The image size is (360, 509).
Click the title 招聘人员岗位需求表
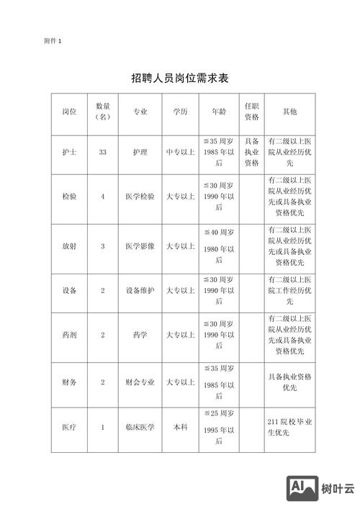click(x=180, y=76)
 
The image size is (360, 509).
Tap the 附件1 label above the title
click(x=53, y=41)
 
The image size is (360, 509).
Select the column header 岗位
click(x=70, y=112)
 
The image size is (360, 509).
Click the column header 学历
click(x=180, y=112)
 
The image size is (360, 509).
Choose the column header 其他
click(x=289, y=112)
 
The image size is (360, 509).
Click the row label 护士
click(x=70, y=153)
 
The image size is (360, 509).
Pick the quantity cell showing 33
click(x=103, y=153)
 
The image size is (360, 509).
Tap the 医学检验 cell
click(x=140, y=196)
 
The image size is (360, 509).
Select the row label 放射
click(x=70, y=246)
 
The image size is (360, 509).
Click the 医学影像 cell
click(x=140, y=246)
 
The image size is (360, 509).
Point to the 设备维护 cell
click(x=140, y=290)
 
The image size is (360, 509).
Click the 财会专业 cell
click(x=140, y=382)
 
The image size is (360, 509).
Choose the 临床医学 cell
click(x=140, y=427)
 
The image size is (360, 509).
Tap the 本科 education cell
click(x=180, y=427)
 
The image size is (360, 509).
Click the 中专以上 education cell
click(x=180, y=153)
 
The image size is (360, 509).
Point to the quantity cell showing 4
click(x=103, y=196)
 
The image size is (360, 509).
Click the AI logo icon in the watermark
click(x=302, y=490)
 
